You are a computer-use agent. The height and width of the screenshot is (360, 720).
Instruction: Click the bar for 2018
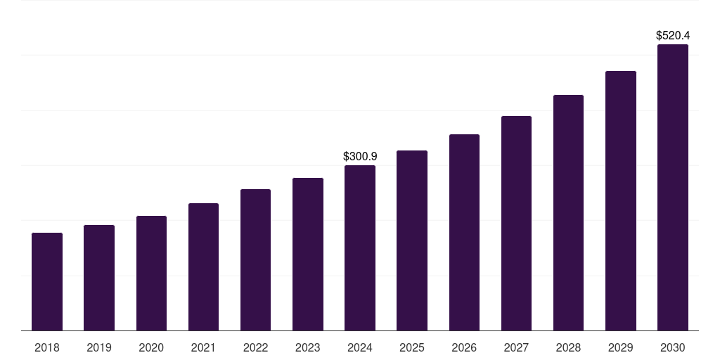coord(47,281)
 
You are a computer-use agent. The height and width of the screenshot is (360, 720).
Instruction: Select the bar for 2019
coord(99,278)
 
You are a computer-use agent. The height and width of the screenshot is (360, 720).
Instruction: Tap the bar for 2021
coord(203,267)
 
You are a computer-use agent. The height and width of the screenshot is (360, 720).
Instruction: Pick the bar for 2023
coord(308,255)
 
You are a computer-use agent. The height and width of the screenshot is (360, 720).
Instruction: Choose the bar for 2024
coord(360,248)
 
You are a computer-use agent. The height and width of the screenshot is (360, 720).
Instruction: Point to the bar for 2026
coord(464,233)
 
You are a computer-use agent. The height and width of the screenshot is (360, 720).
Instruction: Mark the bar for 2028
coord(568,213)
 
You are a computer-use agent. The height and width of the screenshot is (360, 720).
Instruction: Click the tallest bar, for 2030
coord(673,188)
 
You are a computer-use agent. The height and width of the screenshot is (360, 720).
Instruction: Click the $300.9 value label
coord(360,156)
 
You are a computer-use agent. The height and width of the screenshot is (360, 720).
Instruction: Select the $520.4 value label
coord(673,35)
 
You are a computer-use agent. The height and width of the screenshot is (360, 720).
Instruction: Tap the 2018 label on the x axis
coord(47,347)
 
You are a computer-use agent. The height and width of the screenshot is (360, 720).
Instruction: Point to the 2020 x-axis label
coord(151,347)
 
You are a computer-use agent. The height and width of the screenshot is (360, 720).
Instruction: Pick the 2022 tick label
coord(255,347)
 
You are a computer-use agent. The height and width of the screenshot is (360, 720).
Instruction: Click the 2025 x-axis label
coord(412,347)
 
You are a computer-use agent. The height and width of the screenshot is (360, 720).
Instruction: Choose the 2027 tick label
coord(516,347)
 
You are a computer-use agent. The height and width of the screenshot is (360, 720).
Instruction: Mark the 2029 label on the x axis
coord(620,347)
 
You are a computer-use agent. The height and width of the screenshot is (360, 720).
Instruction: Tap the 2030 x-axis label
coord(673,347)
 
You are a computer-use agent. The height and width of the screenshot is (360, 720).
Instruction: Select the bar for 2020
coord(151,274)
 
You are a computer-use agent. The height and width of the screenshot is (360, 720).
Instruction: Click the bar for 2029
coord(620,201)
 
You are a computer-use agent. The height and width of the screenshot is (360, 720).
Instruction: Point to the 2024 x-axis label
coord(360,347)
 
